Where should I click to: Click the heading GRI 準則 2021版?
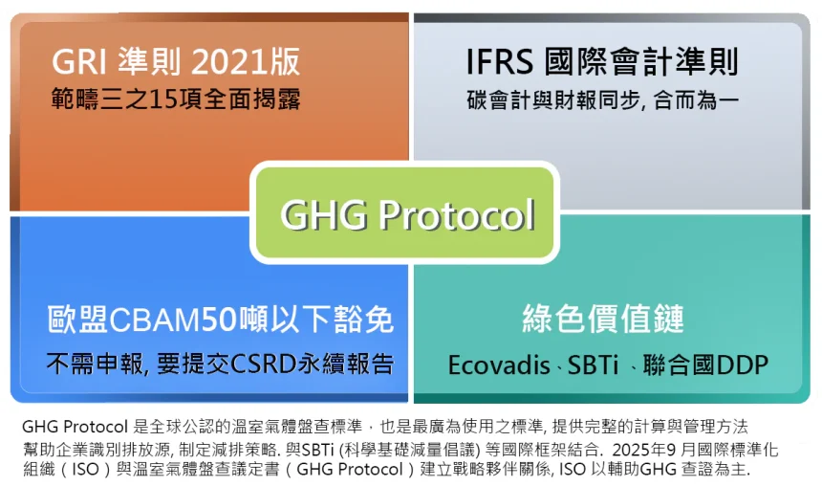pos(176,62)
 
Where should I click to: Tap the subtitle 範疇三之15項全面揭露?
pos(176,99)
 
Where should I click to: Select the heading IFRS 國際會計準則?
pos(602,62)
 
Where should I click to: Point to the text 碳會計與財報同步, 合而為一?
pos(602,99)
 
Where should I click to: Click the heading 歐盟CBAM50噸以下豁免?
pos(221,320)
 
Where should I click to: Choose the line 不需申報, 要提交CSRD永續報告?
pos(221,364)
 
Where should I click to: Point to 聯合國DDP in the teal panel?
pos(706,365)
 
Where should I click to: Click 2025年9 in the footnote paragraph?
pos(645,448)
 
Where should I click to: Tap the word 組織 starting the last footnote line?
pos(37,470)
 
